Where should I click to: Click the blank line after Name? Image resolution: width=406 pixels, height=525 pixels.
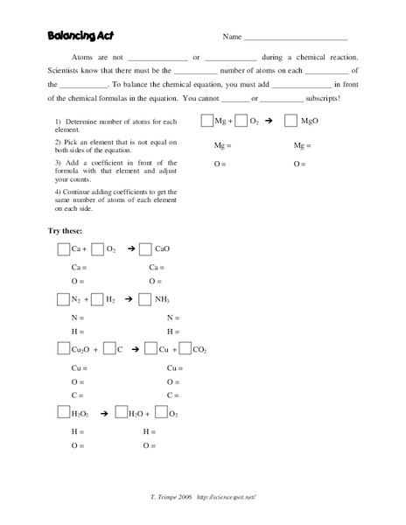tap(295, 38)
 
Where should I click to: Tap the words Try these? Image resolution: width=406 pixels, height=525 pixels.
tap(65, 231)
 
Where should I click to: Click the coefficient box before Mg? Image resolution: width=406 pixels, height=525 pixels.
tap(206, 122)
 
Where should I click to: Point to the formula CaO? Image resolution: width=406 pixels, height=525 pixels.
tap(162, 249)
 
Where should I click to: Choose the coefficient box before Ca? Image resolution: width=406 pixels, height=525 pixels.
tap(63, 249)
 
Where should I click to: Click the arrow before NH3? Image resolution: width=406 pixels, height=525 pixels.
tap(128, 299)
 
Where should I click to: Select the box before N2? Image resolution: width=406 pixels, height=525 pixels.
tap(63, 299)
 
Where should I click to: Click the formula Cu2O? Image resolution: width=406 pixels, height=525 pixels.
tap(83, 349)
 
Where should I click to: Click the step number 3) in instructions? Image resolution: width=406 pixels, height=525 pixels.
tap(57, 163)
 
